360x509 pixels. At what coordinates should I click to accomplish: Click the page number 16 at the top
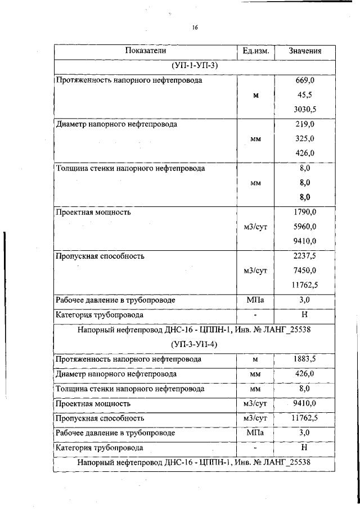195,26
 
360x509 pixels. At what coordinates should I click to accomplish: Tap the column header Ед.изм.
256,51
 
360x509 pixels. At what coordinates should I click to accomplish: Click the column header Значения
305,51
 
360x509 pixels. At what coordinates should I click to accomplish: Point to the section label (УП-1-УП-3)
195,66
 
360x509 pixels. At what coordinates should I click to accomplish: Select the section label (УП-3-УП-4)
195,343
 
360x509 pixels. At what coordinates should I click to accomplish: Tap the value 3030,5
305,110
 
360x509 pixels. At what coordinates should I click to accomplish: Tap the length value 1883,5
305,359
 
